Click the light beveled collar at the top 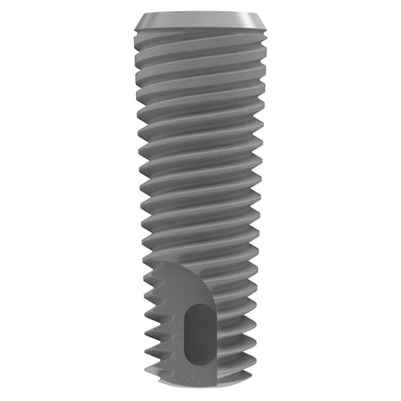coord(200,19)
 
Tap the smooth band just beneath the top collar coord(200,32)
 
